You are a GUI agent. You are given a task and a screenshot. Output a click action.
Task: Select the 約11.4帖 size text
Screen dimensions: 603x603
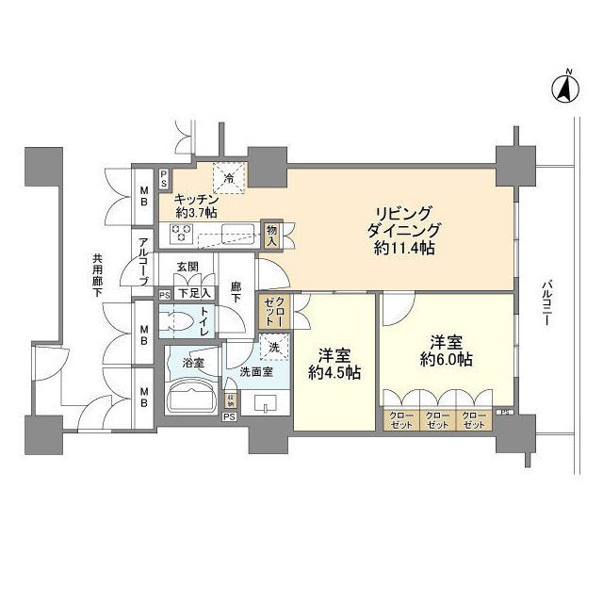[x=403, y=249]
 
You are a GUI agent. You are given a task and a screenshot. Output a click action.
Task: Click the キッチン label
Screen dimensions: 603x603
[x=197, y=201]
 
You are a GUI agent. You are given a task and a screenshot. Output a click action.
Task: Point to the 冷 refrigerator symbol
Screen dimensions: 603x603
[x=230, y=176]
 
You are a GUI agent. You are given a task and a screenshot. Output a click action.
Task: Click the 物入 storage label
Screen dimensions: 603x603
[x=271, y=236]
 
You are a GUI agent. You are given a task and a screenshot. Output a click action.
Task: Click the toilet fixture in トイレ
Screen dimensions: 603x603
[x=177, y=321]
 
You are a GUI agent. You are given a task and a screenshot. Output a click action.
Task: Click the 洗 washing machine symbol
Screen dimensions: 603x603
[x=274, y=347]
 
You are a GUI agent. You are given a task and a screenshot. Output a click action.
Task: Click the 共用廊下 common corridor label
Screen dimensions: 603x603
[x=97, y=273]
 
